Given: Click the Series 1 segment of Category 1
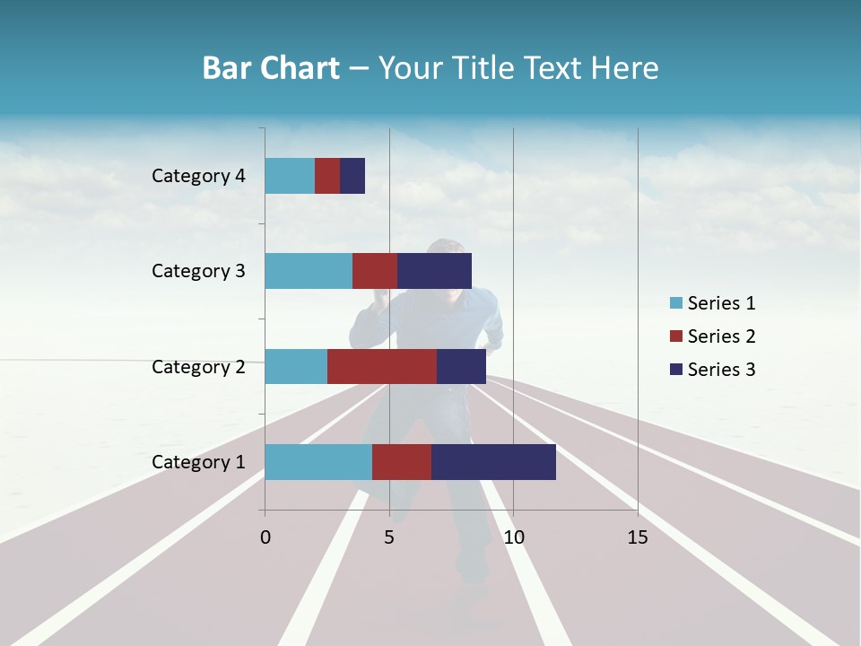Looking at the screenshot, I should tap(318, 462).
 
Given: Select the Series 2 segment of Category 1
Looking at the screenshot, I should tap(402, 462).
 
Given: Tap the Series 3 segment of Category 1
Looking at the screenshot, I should tap(493, 462).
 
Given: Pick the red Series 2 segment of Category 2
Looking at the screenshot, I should tap(382, 366).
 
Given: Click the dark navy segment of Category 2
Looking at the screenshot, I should tap(461, 366).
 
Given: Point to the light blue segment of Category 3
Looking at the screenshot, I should tap(309, 271).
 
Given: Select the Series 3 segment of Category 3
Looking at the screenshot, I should tap(434, 271).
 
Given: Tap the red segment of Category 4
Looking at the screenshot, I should tap(327, 176).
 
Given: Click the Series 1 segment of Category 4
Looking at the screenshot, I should tap(290, 176).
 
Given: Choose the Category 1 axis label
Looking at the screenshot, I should tap(198, 462).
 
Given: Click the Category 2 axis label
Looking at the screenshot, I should tap(198, 366).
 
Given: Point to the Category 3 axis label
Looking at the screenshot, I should tap(198, 271).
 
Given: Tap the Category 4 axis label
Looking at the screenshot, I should tap(198, 176).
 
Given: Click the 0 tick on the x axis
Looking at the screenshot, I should tap(265, 537).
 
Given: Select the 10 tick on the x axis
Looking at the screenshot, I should tap(513, 537).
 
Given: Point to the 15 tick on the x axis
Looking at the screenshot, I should tap(638, 537).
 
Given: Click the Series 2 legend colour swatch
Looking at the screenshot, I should tap(675, 336).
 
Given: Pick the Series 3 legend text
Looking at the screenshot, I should tap(721, 370).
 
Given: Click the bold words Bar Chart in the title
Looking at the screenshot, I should tap(271, 68).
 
